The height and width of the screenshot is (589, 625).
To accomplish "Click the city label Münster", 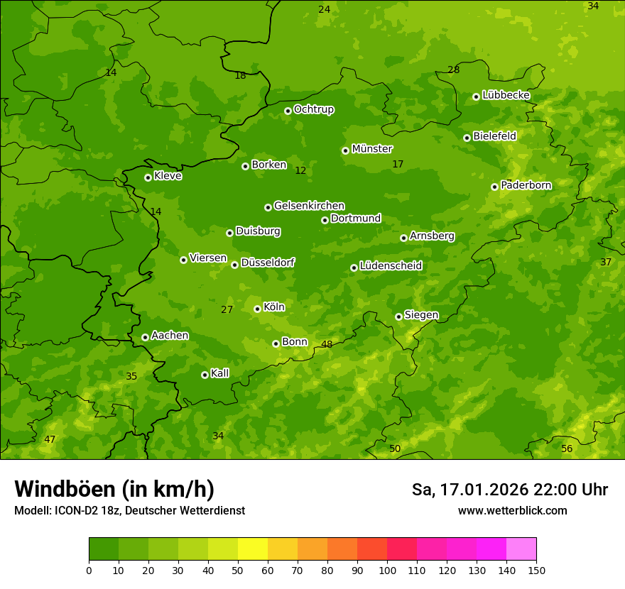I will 371,149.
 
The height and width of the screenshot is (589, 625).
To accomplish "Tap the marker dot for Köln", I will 257,309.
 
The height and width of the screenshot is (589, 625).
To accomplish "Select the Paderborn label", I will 526,185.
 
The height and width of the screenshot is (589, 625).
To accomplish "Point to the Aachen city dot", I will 145,337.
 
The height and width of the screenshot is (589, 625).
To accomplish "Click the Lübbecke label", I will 506,95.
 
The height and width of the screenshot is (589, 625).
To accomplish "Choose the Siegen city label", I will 421,315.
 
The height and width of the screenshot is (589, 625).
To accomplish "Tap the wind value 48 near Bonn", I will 327,345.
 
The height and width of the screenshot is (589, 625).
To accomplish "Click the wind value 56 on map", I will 567,449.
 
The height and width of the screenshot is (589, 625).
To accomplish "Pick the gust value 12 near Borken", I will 300,171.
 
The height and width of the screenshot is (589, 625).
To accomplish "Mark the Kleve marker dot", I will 148,177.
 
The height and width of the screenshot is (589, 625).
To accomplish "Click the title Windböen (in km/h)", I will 114,489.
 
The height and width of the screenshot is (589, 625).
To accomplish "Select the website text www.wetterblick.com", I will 512,511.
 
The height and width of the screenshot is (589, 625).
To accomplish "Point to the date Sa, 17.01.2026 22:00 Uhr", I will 509,490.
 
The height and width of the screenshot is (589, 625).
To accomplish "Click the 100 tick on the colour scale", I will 387,570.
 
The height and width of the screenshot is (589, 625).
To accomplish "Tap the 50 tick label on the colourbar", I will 238,570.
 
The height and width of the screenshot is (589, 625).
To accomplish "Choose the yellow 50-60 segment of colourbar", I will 253,549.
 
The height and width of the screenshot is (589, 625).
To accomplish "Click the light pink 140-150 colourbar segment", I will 521,549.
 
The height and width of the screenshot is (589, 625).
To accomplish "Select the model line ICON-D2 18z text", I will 129,511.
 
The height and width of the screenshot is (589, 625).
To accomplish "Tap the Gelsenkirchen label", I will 309,206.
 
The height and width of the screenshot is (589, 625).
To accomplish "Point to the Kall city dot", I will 205,375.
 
